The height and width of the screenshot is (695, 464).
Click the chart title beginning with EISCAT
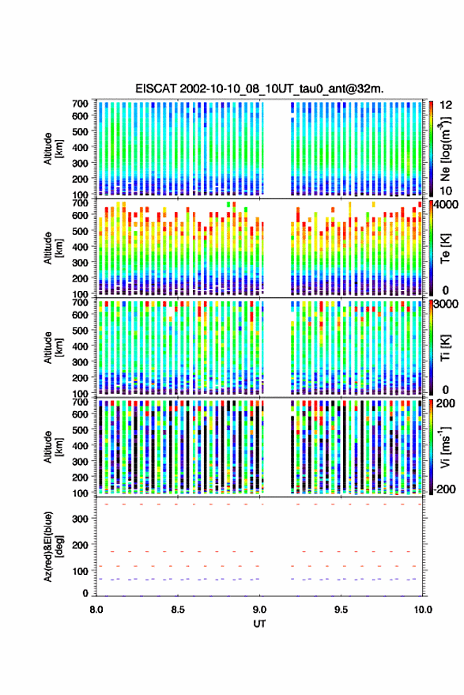click(259, 89)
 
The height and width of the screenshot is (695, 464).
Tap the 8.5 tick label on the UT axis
click(178, 610)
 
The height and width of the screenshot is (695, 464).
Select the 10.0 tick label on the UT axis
click(423, 610)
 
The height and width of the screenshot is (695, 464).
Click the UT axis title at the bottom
click(259, 624)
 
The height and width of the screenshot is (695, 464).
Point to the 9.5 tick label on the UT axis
click(341, 610)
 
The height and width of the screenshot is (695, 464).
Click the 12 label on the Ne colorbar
click(446, 105)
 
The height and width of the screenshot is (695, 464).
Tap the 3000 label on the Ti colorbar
click(446, 304)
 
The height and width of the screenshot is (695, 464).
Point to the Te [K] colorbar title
click(445, 248)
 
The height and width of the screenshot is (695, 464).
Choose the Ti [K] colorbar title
click(445, 348)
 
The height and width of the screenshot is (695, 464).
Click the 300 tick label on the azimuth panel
click(80, 519)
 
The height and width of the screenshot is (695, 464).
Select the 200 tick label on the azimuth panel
click(80, 545)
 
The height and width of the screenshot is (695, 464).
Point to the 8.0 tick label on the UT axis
click(96, 610)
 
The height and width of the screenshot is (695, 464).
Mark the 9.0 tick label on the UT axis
click(260, 610)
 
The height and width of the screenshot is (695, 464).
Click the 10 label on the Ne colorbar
click(446, 191)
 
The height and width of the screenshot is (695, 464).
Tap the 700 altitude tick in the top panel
click(80, 104)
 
